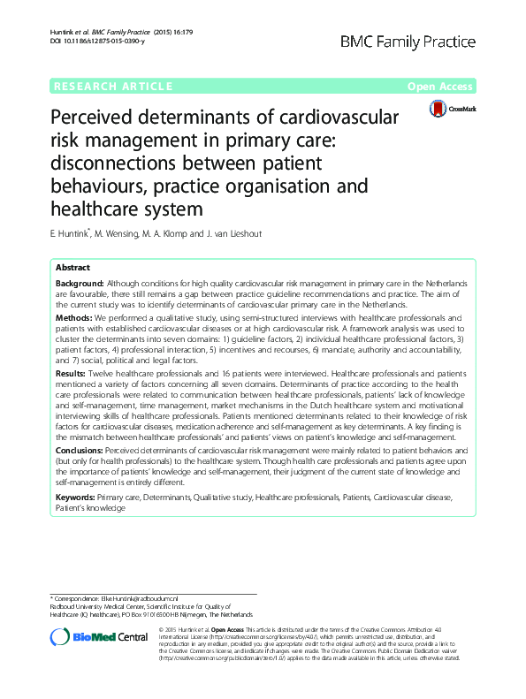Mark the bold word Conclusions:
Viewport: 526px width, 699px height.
(x=80, y=449)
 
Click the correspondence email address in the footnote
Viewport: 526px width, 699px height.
(x=158, y=599)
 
